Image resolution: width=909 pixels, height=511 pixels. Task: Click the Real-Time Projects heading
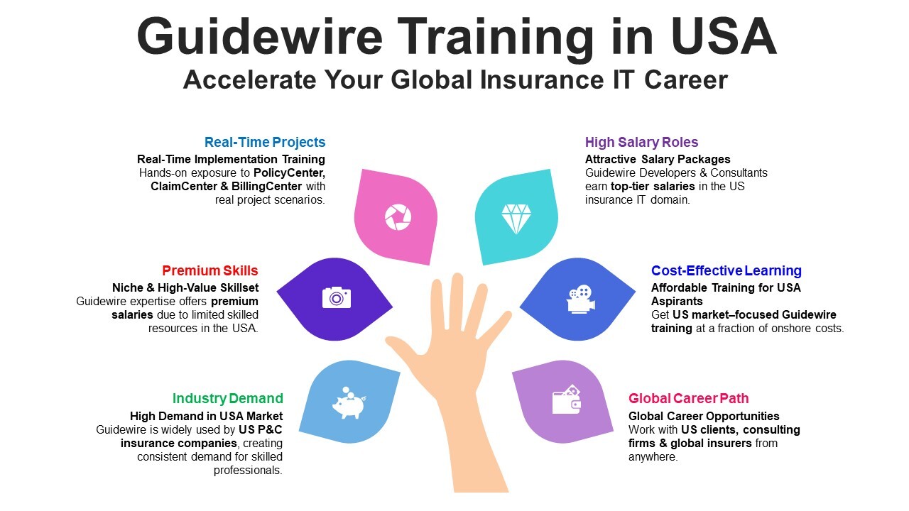pos(265,142)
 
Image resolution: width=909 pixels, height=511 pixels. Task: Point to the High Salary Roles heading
pos(641,142)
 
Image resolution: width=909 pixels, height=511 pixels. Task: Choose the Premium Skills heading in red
pos(210,270)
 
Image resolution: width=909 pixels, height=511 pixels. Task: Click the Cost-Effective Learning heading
pos(726,270)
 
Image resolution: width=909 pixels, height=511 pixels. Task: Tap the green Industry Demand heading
pos(227,398)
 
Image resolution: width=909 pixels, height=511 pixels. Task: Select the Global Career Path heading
pos(688,398)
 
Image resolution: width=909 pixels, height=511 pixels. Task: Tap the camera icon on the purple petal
pos(337,297)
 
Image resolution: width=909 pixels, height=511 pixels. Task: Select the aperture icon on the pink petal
pos(398,217)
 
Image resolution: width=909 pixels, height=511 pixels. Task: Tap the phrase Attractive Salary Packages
pos(658,159)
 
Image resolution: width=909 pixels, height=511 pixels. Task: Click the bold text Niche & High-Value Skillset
pos(185,287)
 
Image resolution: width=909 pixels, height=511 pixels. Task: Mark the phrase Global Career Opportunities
pos(704,416)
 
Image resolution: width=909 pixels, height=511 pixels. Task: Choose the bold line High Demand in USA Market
pos(206,416)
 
